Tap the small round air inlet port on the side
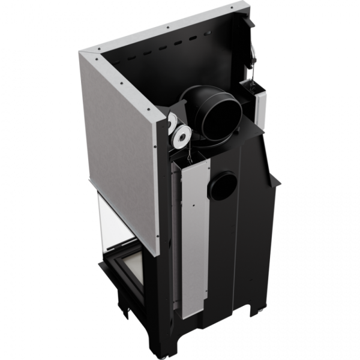pos(223,186)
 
